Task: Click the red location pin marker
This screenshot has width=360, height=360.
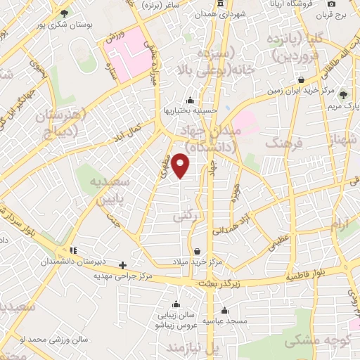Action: (181, 165)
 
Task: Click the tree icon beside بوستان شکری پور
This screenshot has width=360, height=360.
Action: (65, 13)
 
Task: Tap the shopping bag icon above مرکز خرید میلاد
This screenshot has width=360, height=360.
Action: (196, 250)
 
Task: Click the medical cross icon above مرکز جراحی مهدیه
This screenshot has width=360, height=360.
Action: (123, 265)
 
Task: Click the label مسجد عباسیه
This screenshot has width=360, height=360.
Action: (224, 321)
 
